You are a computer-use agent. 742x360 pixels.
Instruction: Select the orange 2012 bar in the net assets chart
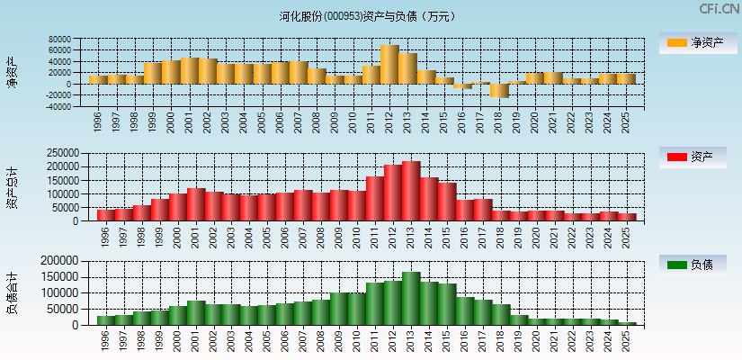tap(389, 65)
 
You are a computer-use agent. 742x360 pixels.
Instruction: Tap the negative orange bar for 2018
tap(499, 91)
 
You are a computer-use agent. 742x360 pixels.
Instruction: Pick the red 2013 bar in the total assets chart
tap(411, 191)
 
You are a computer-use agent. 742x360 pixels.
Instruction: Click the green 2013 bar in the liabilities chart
tap(411, 298)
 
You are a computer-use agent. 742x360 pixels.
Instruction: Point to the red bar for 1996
tap(105, 215)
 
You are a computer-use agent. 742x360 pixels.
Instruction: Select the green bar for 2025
tap(627, 323)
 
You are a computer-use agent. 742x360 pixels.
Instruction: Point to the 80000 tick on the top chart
tap(59, 40)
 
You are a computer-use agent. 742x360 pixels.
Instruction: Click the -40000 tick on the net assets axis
tap(58, 106)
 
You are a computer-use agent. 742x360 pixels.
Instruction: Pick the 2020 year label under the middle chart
tap(535, 236)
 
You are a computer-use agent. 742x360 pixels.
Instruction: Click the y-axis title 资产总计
tap(12, 188)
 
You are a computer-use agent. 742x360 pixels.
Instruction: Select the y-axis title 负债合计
tap(12, 293)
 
